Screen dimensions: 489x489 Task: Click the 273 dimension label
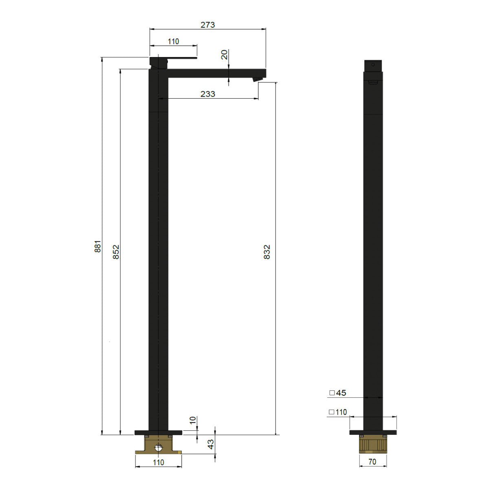pos(207,25)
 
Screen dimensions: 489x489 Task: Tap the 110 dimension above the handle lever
pos(173,42)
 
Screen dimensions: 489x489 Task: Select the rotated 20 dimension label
pos(224,54)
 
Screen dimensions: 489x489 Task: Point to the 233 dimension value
pos(207,94)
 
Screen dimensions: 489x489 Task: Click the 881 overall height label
pos(98,246)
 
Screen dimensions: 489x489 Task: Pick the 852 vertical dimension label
pos(116,252)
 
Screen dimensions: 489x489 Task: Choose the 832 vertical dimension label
pos(267,252)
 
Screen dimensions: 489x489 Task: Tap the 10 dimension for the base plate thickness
pos(193,420)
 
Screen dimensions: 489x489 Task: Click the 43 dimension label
pos(211,444)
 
